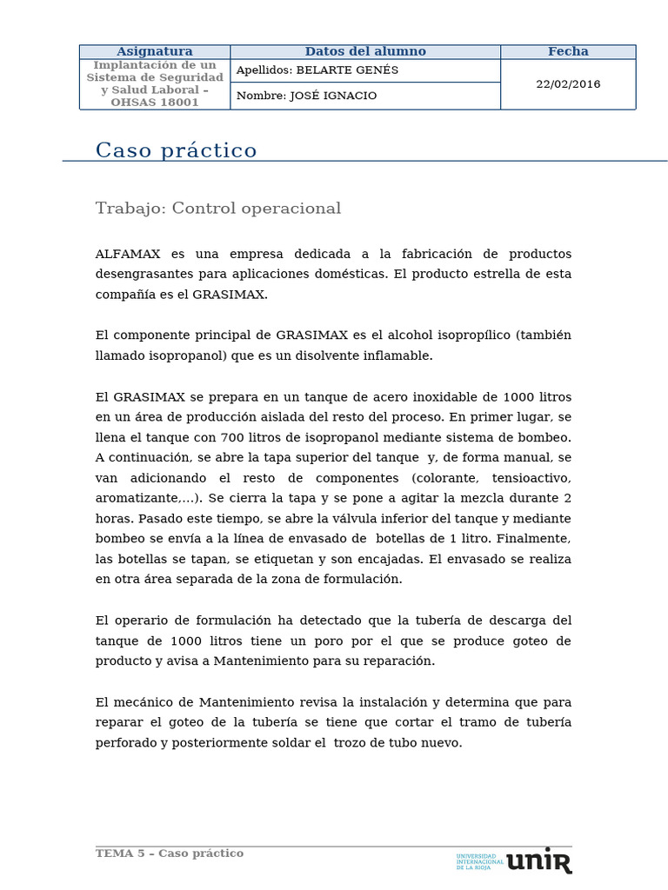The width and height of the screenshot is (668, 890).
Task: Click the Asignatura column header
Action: (155, 51)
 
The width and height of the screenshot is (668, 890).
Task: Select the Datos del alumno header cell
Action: (365, 51)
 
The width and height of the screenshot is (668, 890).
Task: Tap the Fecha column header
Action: (568, 51)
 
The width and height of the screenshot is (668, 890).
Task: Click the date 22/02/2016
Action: (568, 84)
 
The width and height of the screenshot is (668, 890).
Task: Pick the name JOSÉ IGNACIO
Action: (333, 96)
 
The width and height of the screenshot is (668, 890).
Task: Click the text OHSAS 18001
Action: (155, 102)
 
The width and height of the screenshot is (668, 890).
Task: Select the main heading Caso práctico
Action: (177, 150)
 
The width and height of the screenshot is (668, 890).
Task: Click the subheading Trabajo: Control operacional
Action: (218, 209)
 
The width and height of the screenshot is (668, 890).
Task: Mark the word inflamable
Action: (397, 355)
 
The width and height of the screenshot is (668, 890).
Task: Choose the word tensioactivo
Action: (531, 478)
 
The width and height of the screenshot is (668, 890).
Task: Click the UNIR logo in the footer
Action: (538, 860)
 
